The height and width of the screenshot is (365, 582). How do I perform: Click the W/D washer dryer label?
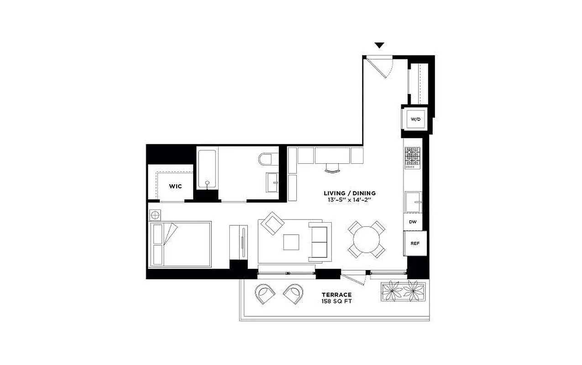[415, 119]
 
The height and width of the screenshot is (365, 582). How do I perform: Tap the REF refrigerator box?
[415, 243]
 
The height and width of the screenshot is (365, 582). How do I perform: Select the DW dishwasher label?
[413, 222]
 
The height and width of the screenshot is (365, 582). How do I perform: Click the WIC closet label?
[175, 186]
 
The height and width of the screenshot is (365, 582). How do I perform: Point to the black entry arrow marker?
[379, 45]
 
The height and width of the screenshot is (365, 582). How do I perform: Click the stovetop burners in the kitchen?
[413, 157]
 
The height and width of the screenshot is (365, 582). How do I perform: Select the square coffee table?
[291, 242]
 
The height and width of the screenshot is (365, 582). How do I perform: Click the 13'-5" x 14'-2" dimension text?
[350, 200]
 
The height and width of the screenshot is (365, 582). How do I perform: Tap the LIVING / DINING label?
[350, 193]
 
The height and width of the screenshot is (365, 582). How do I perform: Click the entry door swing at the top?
[380, 66]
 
